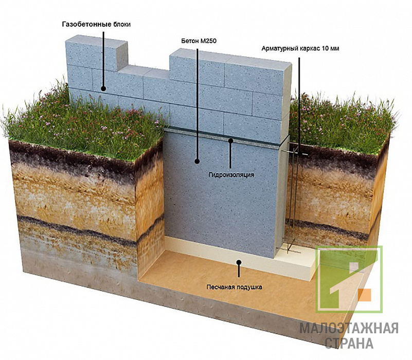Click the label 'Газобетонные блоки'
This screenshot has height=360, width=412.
tap(96, 25)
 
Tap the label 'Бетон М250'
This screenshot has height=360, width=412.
tap(199, 41)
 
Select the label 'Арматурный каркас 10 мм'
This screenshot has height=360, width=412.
tap(300, 49)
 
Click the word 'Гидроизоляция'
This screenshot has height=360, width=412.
tap(231, 175)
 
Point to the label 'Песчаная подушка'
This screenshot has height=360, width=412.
tap(234, 287)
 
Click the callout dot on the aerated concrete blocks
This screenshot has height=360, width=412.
tap(103, 89)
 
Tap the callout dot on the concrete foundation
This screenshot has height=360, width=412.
tap(197, 161)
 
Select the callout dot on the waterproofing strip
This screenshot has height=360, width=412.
tap(231, 141)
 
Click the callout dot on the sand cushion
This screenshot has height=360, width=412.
tap(239, 262)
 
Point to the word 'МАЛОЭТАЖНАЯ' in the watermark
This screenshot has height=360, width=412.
tap(349, 329)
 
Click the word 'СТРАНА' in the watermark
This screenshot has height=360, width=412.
tap(349, 343)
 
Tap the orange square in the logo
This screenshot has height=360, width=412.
tap(365, 295)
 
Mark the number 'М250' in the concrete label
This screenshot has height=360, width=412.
tap(208, 41)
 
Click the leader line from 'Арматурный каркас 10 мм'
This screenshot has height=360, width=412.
tap(299, 105)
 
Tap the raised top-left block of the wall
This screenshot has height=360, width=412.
tap(96, 54)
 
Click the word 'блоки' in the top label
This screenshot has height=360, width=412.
tap(122, 25)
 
